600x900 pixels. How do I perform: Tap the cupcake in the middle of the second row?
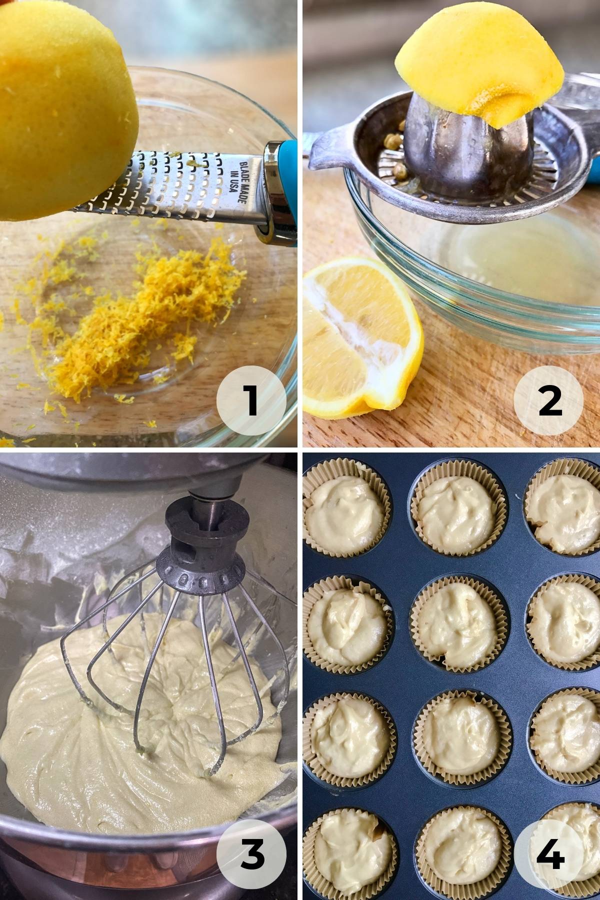(460, 627)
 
